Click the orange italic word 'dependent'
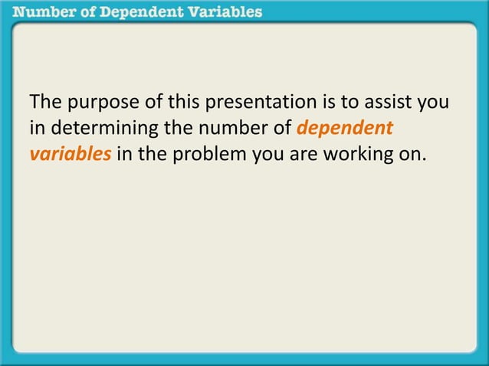tap(344, 128)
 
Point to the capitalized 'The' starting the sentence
tap(44, 103)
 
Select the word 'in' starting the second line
tap(36, 128)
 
